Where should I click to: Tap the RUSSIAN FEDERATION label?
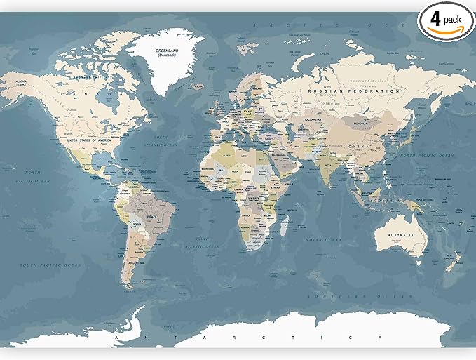(x=357, y=91)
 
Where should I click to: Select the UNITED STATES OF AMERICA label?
(x=90, y=140)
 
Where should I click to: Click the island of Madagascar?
(x=286, y=225)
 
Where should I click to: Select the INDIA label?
(x=327, y=166)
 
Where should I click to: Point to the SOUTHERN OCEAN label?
(x=379, y=297)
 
